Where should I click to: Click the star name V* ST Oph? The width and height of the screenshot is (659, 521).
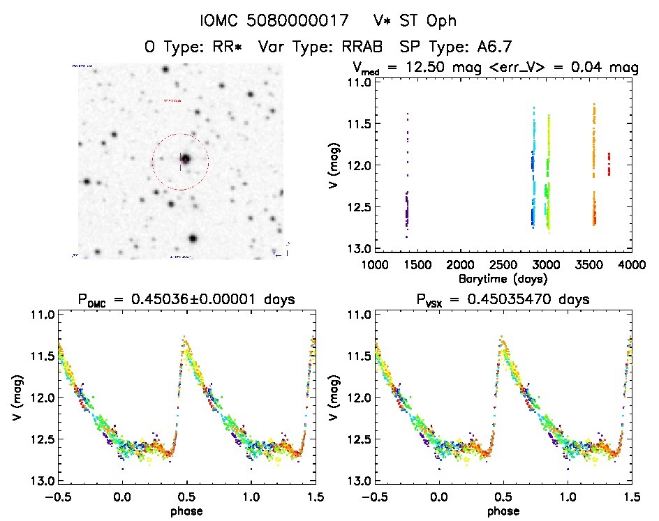click(415, 22)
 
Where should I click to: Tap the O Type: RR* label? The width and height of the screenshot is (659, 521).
click(195, 47)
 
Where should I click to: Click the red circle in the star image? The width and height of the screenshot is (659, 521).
click(180, 134)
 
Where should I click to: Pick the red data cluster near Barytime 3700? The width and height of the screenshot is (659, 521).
click(609, 164)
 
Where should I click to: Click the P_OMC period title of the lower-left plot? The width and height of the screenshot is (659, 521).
click(186, 300)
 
